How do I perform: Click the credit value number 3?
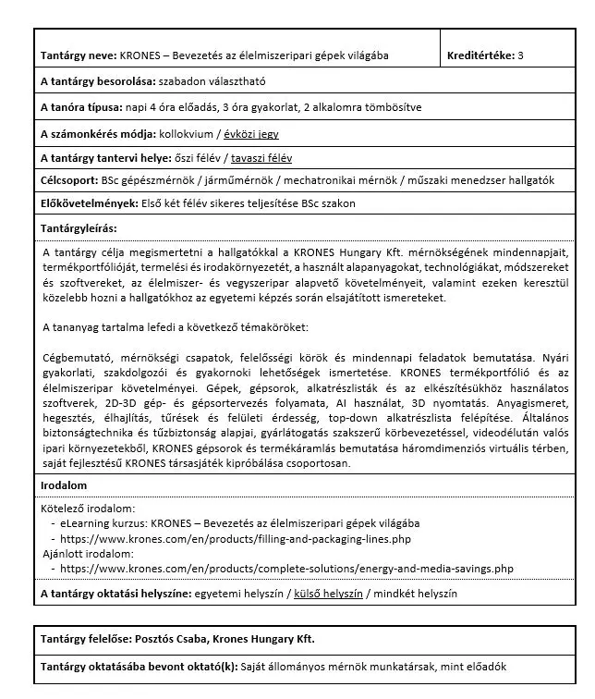tap(521, 55)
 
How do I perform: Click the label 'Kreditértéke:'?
tap(480, 55)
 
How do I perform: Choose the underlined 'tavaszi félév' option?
tap(261, 158)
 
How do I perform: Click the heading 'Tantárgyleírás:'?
tap(79, 227)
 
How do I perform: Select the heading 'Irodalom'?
tap(63, 484)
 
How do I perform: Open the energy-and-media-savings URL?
tap(286, 569)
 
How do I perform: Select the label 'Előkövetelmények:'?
tap(89, 203)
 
